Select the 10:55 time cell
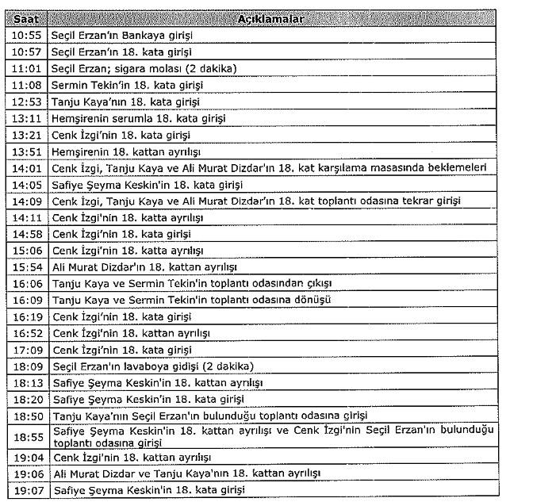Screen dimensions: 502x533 (27, 35)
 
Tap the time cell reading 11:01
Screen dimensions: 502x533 (27, 68)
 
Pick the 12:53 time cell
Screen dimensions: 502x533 (27, 102)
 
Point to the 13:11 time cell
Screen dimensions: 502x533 (27, 118)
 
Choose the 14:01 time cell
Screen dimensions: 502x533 (27, 167)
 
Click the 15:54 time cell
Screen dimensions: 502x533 (27, 267)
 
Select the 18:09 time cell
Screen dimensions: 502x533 (27, 366)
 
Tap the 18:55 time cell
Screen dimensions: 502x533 (27, 437)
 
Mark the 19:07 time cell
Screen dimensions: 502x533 (27, 491)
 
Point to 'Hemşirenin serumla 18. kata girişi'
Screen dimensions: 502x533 (138, 118)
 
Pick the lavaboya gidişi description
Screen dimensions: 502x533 (152, 366)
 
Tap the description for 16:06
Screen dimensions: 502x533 (191, 283)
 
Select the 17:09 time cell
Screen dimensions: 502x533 (27, 350)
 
